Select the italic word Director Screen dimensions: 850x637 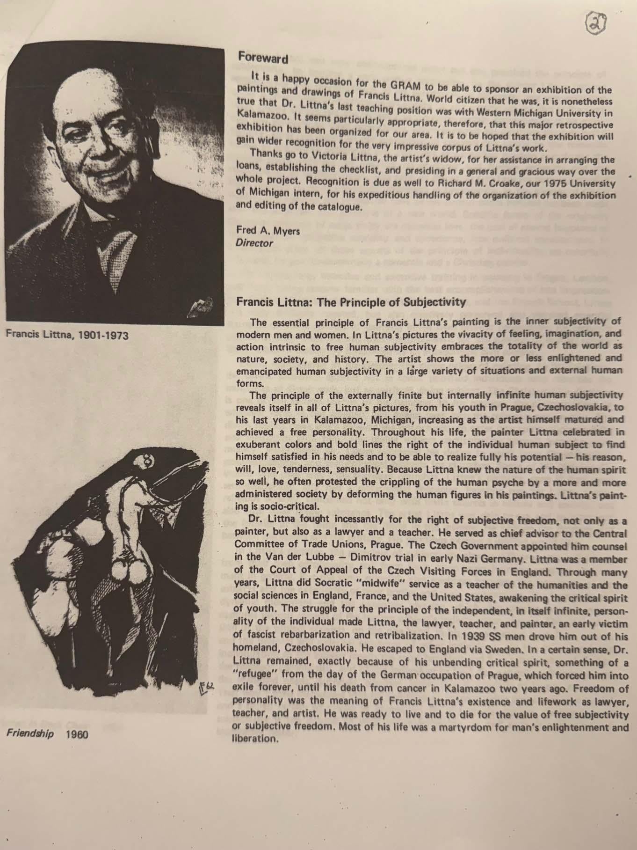pos(254,243)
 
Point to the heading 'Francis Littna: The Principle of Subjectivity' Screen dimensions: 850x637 pos(351,302)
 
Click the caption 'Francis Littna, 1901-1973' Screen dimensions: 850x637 pos(67,335)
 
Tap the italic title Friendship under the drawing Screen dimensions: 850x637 pos(29,734)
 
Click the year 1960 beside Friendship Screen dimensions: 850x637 pos(77,734)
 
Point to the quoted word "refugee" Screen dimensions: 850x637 pos(255,677)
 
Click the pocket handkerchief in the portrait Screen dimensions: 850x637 pos(201,308)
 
